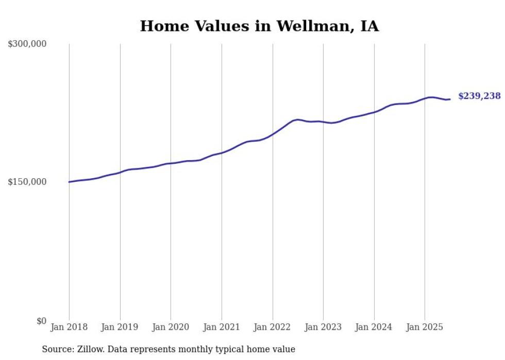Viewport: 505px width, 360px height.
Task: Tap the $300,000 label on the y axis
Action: click(27, 44)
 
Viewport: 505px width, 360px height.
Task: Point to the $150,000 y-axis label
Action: click(27, 182)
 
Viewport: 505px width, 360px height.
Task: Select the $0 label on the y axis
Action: click(41, 321)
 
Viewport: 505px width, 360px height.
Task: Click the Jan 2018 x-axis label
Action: click(69, 327)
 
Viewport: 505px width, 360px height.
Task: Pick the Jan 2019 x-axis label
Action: click(120, 327)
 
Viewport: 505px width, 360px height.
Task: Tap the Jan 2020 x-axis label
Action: click(171, 327)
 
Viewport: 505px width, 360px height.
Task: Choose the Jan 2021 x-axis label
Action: click(222, 327)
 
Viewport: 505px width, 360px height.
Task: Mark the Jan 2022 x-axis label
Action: click(273, 327)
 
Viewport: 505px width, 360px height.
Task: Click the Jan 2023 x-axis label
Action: click(323, 327)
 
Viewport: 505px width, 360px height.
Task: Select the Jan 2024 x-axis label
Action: click(374, 327)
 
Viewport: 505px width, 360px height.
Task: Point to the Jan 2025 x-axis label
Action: click(425, 327)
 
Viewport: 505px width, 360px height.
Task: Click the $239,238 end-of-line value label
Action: click(479, 96)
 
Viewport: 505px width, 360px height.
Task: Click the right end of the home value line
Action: click(450, 99)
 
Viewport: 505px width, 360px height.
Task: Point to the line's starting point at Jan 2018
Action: click(69, 182)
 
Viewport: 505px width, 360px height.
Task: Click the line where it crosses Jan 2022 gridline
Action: click(273, 133)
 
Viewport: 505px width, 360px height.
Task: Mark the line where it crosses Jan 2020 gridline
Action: click(171, 163)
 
